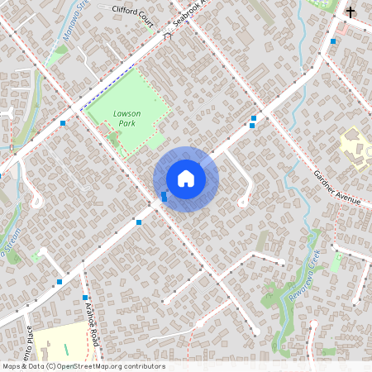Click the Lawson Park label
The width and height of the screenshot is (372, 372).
pyautogui.click(x=126, y=117)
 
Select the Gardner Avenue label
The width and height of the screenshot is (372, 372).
pyautogui.click(x=337, y=188)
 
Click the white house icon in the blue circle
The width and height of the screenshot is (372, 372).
pyautogui.click(x=186, y=179)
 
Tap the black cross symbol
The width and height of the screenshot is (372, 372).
pyautogui.click(x=351, y=12)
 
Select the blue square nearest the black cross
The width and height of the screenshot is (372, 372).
pyautogui.click(x=333, y=41)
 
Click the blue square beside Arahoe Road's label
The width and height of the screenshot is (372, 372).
pyautogui.click(x=85, y=298)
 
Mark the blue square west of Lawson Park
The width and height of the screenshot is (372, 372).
pyautogui.click(x=63, y=123)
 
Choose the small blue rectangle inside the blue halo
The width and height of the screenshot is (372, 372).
pyautogui.click(x=165, y=196)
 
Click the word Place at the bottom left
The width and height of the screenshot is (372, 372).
pyautogui.click(x=29, y=339)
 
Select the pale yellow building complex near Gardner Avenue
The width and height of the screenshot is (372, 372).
pyautogui.click(x=356, y=147)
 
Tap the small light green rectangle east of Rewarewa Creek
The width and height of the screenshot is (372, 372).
pyautogui.click(x=336, y=264)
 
